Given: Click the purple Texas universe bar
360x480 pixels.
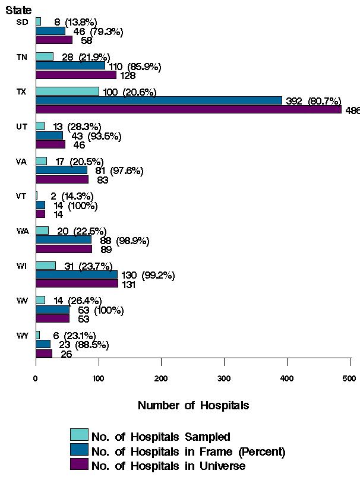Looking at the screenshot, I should click(188, 109).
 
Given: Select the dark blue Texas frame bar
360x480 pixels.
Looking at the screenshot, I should click(159, 100).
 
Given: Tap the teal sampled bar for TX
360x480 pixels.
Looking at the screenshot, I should click(67, 91).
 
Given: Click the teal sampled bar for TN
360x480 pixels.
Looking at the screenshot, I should click(45, 56).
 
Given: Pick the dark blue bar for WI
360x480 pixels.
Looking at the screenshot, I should click(77, 275).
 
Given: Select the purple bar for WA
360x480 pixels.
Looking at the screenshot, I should click(64, 249).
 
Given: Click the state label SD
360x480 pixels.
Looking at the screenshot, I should click(23, 22).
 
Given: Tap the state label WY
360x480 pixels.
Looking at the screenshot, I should click(23, 336).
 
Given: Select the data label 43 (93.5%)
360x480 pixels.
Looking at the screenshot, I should click(93, 136).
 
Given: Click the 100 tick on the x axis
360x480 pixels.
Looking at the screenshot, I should click(99, 378).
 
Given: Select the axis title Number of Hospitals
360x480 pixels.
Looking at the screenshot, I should click(193, 406).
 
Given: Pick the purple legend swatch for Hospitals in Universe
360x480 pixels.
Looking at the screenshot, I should click(79, 464).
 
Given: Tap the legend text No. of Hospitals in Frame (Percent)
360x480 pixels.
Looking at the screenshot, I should click(188, 451).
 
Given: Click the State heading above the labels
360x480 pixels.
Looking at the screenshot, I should click(19, 10).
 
